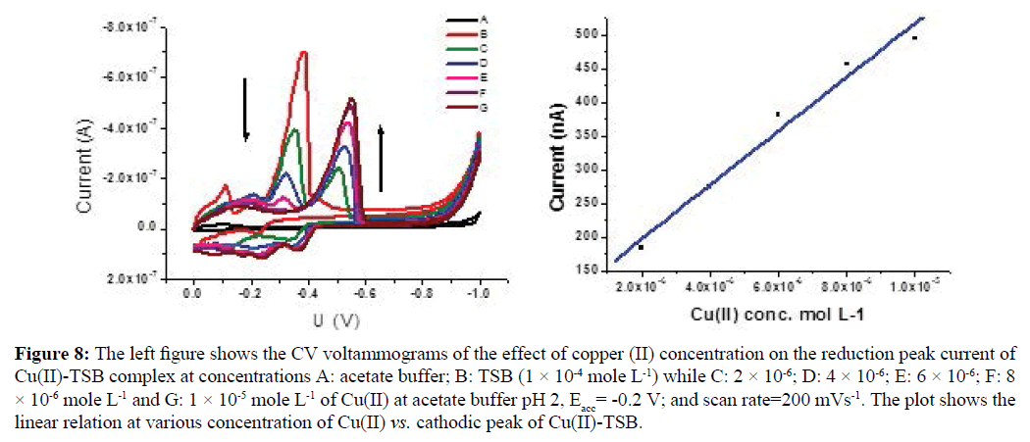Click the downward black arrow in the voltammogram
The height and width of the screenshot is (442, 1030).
(x=246, y=108)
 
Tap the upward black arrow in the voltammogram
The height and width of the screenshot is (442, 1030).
(x=382, y=157)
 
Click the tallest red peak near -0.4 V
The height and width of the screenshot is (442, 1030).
(x=304, y=53)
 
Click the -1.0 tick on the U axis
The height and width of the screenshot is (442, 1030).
(x=480, y=292)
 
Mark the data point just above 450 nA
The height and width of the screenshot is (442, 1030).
(x=847, y=64)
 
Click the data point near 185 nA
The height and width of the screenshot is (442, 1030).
(x=641, y=247)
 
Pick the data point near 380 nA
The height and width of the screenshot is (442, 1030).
(x=778, y=115)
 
